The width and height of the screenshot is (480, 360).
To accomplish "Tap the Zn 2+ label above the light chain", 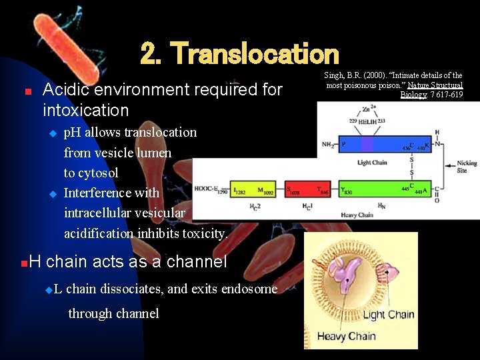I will [x=367, y=108].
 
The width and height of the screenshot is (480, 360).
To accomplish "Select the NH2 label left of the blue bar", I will [x=327, y=145].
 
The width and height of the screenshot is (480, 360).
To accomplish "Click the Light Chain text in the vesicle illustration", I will [x=388, y=315].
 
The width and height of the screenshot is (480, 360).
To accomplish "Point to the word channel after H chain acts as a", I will [x=197, y=262].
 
